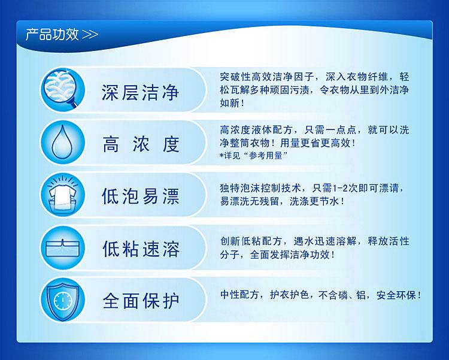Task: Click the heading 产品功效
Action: [52, 35]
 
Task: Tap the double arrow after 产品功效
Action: [90, 35]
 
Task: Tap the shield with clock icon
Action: [63, 300]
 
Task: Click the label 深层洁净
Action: [140, 92]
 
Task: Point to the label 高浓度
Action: [141, 144]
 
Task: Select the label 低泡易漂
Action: [140, 196]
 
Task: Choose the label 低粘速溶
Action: [141, 249]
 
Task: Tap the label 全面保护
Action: [141, 301]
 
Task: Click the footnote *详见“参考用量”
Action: [253, 155]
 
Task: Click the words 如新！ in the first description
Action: [232, 102]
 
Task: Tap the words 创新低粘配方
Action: [251, 241]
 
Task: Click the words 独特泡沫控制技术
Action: [260, 188]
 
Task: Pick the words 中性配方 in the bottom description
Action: [239, 295]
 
